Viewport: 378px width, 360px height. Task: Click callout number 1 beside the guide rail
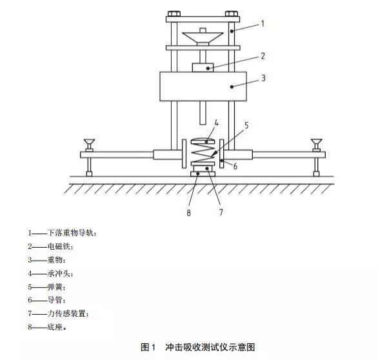click(263, 24)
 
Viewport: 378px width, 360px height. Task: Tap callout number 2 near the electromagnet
click(263, 56)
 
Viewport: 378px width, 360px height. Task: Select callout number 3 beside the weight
click(263, 78)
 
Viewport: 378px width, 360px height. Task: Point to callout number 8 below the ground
click(188, 213)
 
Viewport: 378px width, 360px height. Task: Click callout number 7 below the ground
click(221, 212)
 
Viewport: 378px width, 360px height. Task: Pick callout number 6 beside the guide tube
click(235, 166)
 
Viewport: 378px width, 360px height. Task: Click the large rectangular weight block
click(203, 86)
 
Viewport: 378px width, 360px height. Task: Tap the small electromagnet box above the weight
click(203, 67)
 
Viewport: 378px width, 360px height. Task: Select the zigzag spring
click(203, 153)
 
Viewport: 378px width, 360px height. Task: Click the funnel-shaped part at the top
click(203, 38)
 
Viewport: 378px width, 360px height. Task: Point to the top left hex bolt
click(174, 14)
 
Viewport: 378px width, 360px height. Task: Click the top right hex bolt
click(232, 14)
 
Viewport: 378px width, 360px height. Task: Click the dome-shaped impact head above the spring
click(203, 141)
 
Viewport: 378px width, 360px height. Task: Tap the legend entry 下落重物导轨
click(70, 233)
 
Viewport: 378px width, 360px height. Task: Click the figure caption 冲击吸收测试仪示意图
click(210, 347)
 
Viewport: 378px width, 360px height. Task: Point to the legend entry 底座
click(55, 327)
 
